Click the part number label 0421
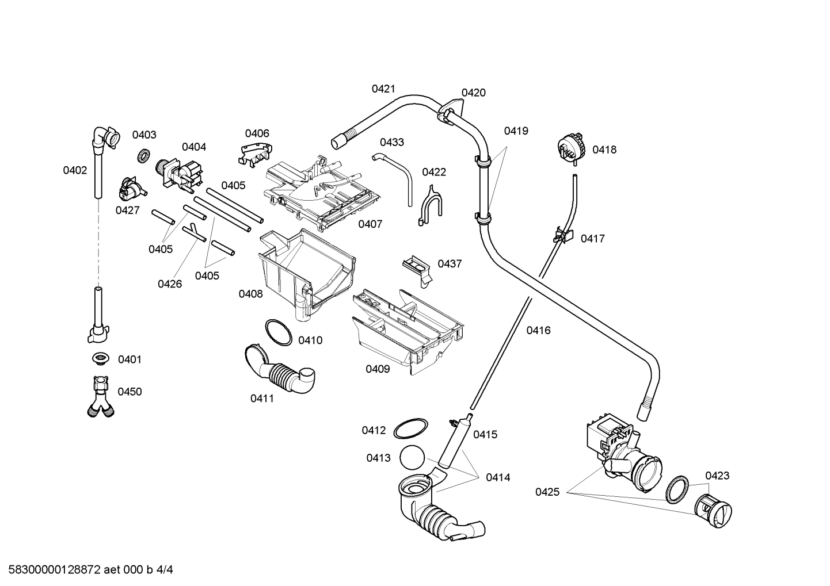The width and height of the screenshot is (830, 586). pos(383,89)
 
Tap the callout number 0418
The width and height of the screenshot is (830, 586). pos(604,150)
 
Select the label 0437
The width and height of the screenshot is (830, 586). pos(450,263)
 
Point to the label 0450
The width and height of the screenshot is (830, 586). pos(130,392)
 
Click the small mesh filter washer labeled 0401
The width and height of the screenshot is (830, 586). pos(100,358)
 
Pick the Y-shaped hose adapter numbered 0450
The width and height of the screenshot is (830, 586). pos(101,397)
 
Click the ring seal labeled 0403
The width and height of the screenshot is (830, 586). pos(143,155)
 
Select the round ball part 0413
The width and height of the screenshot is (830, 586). pos(412,457)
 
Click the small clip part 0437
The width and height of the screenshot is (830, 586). pos(417,270)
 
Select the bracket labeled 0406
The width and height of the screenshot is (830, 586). pos(255,154)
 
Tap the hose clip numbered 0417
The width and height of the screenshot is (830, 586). pos(562,235)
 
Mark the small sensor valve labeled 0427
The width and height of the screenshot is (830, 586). pos(132,189)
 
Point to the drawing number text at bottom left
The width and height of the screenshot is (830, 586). pos(90,569)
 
